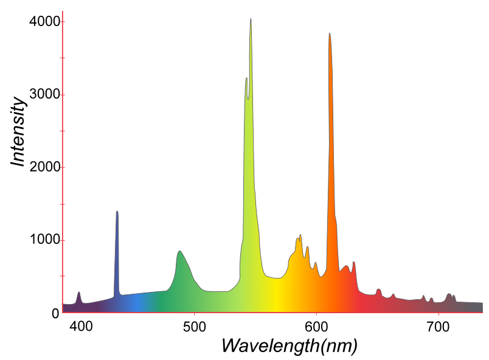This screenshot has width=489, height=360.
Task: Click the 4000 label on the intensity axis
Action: click(44, 22)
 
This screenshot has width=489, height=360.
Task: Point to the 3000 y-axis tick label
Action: click(44, 95)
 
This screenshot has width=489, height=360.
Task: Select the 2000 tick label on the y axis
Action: click(44, 167)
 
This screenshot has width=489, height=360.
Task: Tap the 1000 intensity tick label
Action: click(44, 240)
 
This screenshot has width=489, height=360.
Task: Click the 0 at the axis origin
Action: click(55, 313)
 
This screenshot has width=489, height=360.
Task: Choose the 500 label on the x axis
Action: click(193, 327)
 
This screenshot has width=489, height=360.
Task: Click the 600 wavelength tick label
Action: click(316, 327)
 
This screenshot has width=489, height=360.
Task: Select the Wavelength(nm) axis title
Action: click(289, 345)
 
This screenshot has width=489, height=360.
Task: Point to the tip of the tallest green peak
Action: click(251, 19)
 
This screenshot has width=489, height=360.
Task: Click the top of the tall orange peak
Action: click(330, 34)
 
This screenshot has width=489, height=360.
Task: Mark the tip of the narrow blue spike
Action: click(117, 212)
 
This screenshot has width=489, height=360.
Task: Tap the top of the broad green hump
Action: click(179, 251)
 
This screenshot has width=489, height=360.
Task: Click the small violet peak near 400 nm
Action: click(79, 292)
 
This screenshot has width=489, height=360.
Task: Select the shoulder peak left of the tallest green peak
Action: click(246, 78)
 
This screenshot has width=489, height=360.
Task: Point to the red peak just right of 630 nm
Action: click(354, 263)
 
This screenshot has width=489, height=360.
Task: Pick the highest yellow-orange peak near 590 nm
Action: click(300, 235)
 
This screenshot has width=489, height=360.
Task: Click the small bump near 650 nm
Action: click(378, 289)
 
